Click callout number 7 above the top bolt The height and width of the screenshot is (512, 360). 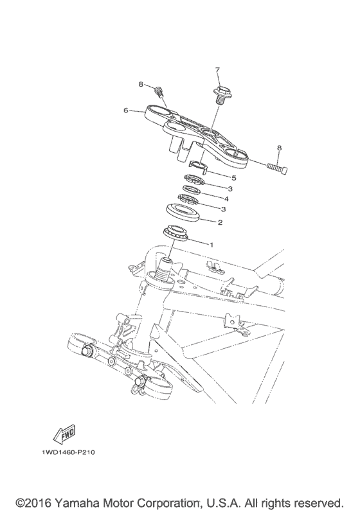[217, 69]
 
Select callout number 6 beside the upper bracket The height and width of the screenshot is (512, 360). [127, 110]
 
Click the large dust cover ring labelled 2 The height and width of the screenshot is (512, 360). [185, 211]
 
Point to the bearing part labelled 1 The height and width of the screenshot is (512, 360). [175, 233]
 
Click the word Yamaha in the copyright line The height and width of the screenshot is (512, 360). [85, 500]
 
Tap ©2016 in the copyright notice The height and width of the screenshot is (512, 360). [35, 500]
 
